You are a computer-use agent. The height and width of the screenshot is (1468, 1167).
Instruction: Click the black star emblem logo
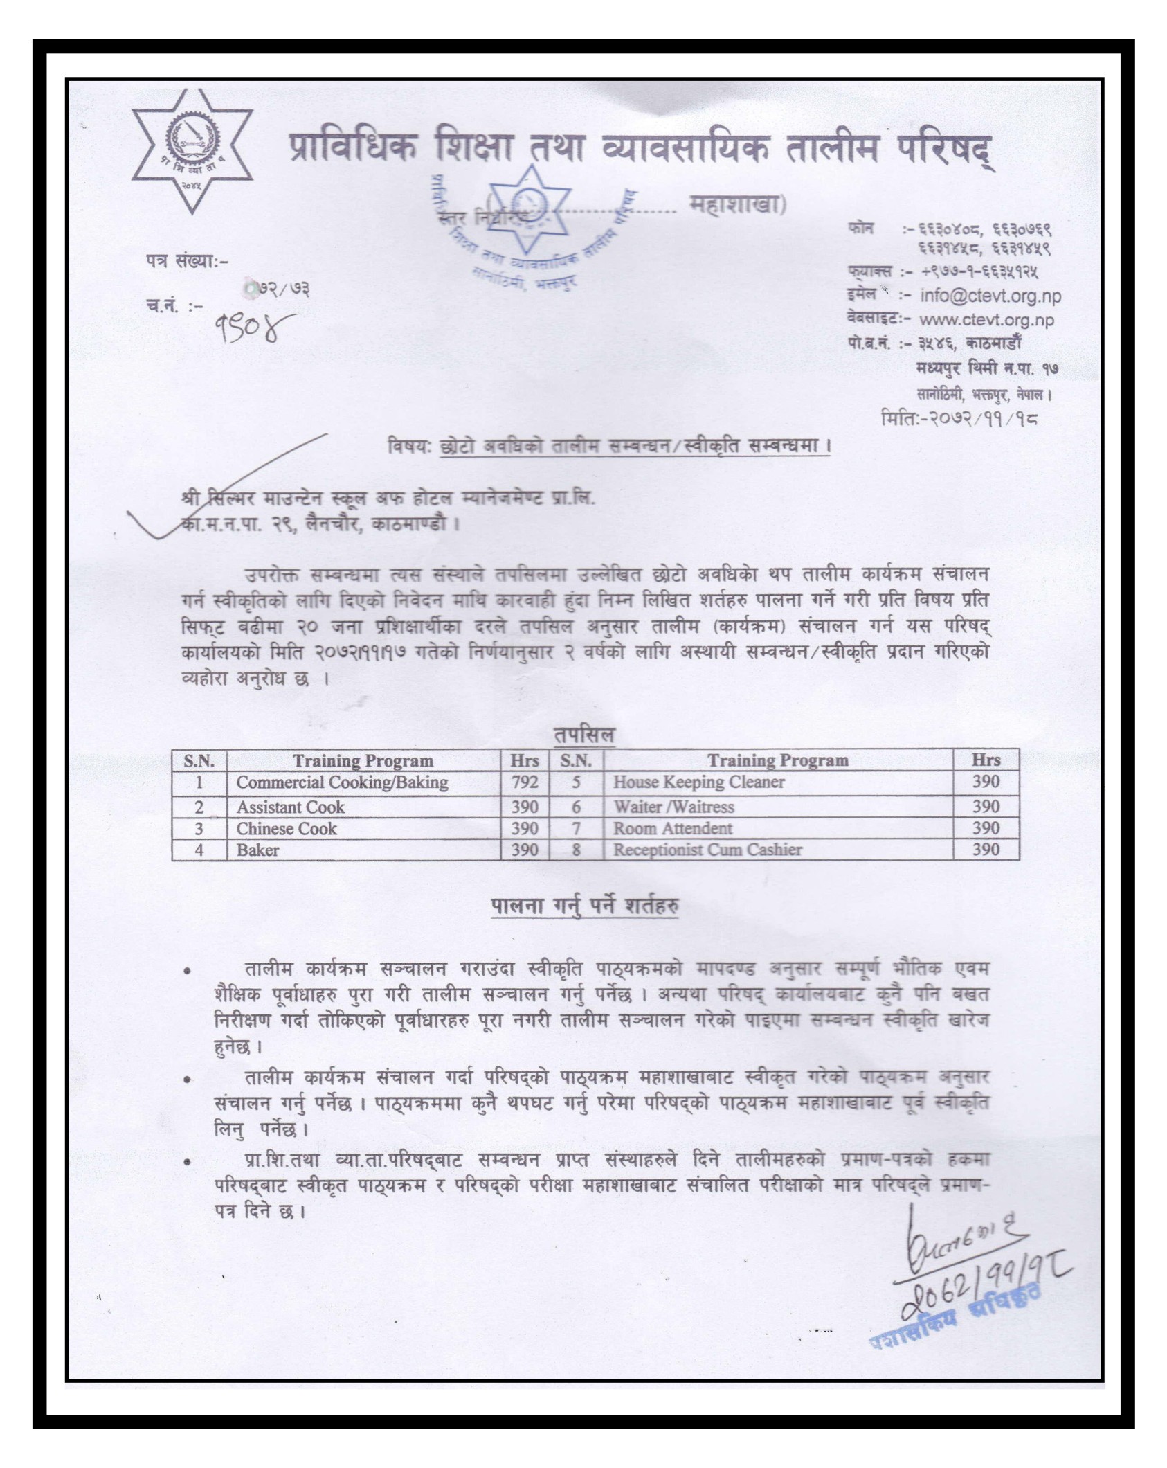click(192, 150)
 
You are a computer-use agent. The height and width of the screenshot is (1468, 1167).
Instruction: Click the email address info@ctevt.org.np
click(990, 296)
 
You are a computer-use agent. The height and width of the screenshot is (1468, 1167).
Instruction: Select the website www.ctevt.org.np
click(986, 320)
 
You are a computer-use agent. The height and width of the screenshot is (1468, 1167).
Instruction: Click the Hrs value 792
click(524, 782)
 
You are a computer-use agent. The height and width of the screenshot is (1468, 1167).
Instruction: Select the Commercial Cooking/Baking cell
click(342, 782)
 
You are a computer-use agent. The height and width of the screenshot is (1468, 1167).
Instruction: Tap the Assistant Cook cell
click(290, 807)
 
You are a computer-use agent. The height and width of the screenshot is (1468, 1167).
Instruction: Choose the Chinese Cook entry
click(286, 829)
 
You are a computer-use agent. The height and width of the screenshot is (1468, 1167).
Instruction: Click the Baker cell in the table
click(257, 850)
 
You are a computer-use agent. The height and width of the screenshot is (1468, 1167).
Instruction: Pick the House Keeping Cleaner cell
click(698, 782)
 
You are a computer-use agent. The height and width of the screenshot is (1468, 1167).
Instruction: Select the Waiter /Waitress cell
click(673, 807)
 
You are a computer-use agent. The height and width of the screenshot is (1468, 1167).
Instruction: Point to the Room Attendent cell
click(672, 829)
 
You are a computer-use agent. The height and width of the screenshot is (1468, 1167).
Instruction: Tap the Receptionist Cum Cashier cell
click(707, 850)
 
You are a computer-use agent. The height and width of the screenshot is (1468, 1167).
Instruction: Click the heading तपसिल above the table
click(583, 735)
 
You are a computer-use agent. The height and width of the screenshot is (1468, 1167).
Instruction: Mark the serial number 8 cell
click(576, 850)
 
